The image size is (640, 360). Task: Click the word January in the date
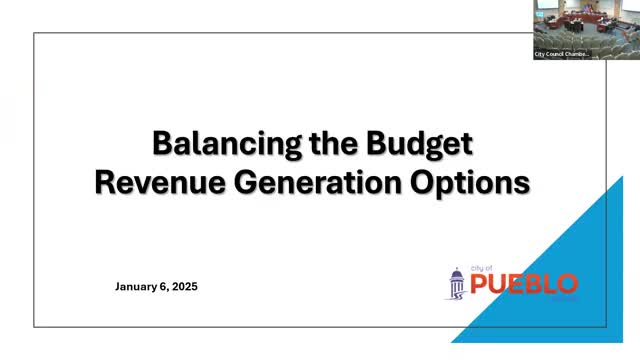coord(138,287)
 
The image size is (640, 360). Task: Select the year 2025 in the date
coord(182,287)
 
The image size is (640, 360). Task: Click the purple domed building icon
coord(456,284)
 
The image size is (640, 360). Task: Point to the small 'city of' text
coord(481,268)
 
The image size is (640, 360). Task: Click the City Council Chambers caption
coord(562,53)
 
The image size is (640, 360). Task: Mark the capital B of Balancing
coord(162,144)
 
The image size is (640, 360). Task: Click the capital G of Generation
coord(237,183)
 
